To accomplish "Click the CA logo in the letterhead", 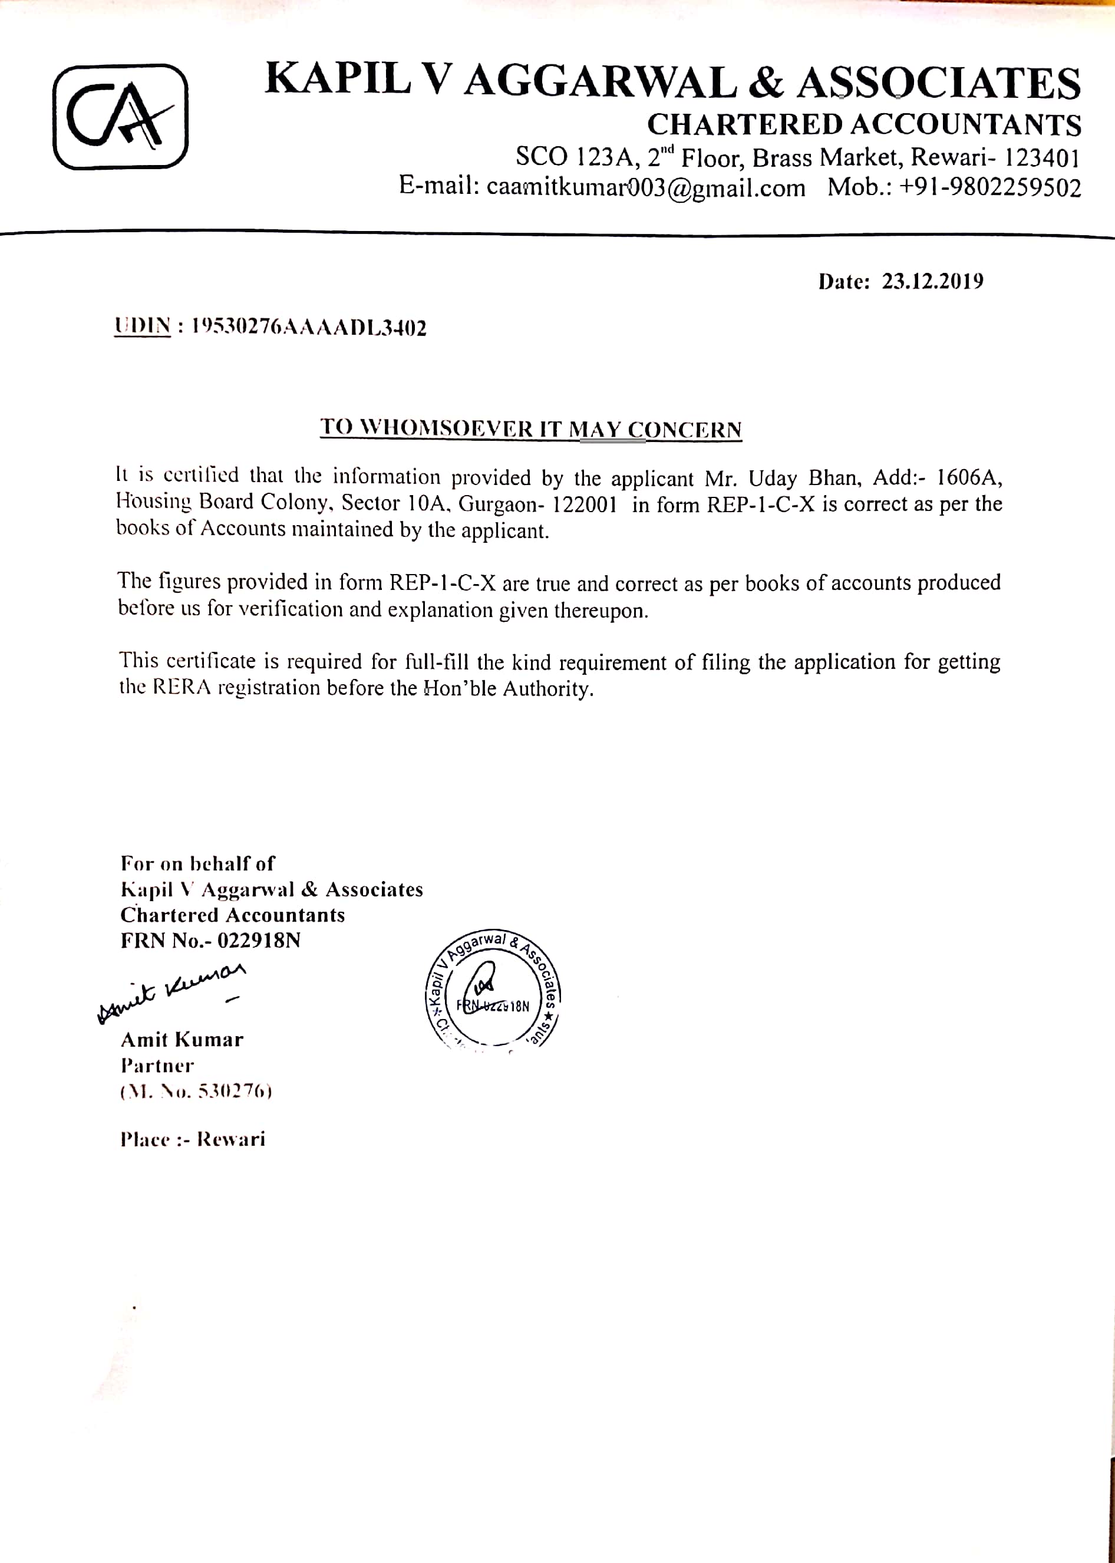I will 120,117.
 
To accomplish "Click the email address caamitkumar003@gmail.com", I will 645,187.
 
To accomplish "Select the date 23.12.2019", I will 932,282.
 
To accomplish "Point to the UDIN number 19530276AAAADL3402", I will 309,328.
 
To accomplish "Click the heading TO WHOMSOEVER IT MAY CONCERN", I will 531,428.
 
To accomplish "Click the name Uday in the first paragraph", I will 773,478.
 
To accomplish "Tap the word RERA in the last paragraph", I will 182,687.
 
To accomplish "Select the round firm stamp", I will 492,991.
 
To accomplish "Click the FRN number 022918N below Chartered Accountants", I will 259,941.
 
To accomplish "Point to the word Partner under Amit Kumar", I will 157,1066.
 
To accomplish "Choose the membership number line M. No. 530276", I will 196,1092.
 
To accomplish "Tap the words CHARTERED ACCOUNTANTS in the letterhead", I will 864,125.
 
